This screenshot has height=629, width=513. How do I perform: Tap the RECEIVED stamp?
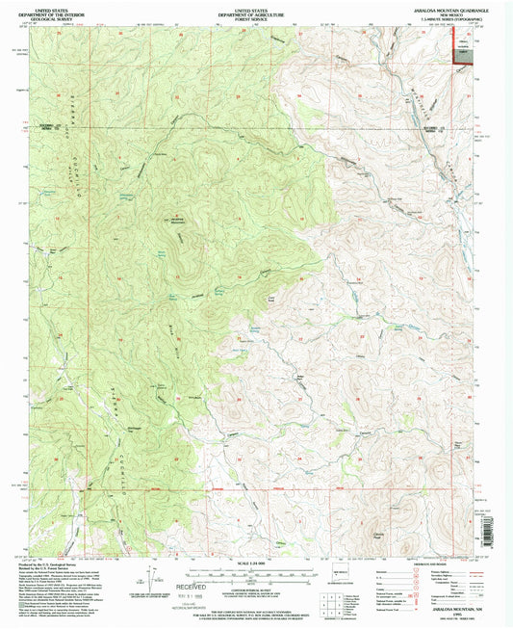click(204, 586)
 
